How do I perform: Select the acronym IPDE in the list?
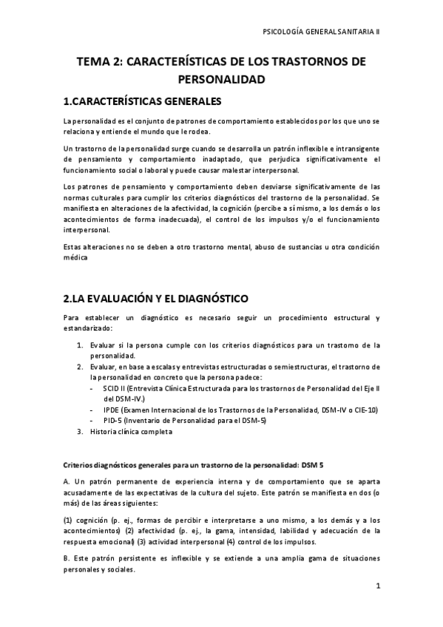coord(113,410)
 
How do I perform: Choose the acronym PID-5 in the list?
coord(115,421)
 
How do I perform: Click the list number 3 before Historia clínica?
coord(81,432)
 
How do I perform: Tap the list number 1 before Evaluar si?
coord(81,344)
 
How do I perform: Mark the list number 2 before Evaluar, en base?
coord(81,366)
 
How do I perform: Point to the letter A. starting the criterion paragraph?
coord(67,481)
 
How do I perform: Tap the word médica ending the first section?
coord(76,257)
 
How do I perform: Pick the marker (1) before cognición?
coord(68,520)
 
